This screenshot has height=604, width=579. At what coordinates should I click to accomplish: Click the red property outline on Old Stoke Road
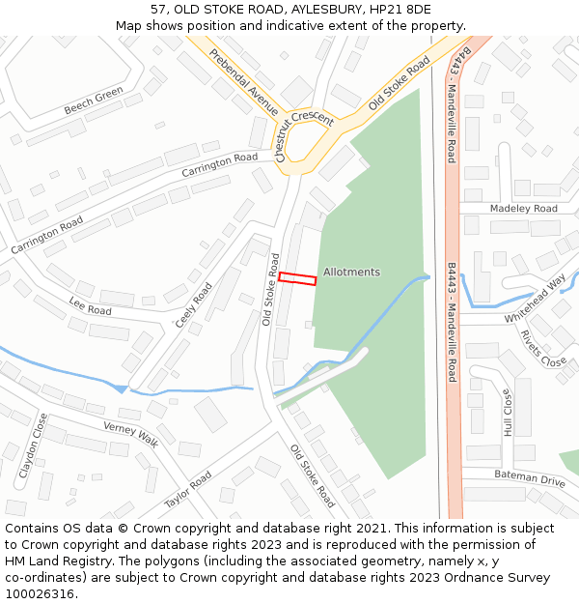297,278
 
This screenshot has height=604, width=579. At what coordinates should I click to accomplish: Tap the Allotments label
351,273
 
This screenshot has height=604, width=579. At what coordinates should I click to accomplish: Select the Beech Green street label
94,101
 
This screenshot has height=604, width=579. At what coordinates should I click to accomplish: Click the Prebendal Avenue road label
243,83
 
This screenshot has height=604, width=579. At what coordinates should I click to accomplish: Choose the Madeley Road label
523,209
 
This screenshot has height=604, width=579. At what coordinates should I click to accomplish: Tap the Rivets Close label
543,349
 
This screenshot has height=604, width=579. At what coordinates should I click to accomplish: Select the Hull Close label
508,413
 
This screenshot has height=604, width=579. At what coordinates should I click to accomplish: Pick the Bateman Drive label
529,479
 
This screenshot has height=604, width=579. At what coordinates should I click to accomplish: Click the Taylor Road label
187,490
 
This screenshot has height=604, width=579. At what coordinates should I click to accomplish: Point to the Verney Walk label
130,434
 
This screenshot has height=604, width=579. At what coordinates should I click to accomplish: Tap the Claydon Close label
32,446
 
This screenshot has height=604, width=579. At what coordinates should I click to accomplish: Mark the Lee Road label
90,306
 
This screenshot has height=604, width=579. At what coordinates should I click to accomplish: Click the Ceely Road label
194,304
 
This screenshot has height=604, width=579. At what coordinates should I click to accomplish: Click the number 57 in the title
159,9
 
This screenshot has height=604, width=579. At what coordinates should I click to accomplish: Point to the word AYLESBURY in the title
317,9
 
